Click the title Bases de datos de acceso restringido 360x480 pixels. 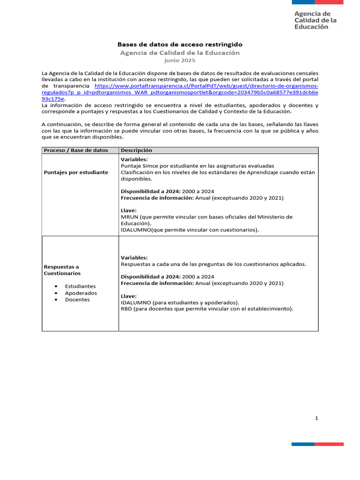click(180, 44)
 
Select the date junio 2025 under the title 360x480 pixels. click(180, 60)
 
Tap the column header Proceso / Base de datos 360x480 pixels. click(76, 150)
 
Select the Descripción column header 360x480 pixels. click(136, 150)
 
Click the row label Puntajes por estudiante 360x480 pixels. click(76, 172)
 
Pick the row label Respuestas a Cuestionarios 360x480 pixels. click(62, 270)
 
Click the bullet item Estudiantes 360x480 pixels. click(80, 286)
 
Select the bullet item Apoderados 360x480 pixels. click(81, 293)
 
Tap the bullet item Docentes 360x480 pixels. click(77, 300)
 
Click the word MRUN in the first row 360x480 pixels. click(129, 217)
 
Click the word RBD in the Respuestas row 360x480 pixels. click(127, 309)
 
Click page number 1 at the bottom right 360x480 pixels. click(316, 419)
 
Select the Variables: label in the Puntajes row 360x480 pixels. click(134, 159)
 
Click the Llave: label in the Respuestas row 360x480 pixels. click(129, 296)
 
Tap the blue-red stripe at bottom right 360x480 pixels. click(317, 444)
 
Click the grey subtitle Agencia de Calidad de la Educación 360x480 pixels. click(180, 53)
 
